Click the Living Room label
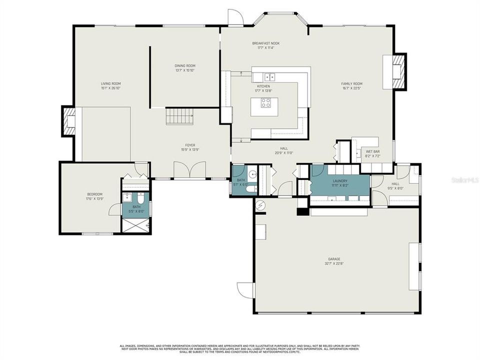tap(110, 83)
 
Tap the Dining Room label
tap(184, 65)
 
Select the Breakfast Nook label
tap(265, 43)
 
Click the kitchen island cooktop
tap(265, 103)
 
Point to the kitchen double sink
tap(269, 77)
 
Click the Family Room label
tap(351, 83)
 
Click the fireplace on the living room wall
tap(68, 121)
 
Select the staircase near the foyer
tap(179, 116)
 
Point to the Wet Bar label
tap(372, 151)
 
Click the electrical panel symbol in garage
tap(260, 204)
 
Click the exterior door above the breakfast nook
tap(235, 17)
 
